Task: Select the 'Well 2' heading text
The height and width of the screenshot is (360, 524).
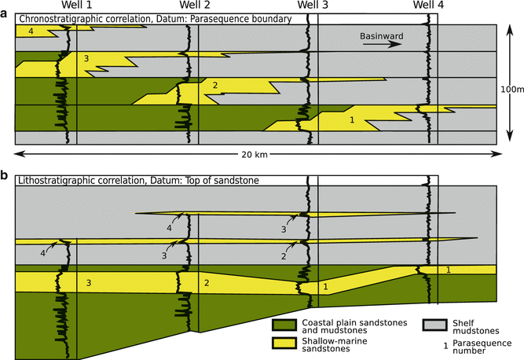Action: click(x=195, y=6)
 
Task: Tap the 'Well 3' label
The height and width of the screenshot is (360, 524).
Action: click(x=314, y=6)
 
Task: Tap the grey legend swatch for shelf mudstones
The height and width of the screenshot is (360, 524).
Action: click(x=434, y=323)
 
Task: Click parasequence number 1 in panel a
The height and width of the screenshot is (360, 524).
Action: click(x=352, y=119)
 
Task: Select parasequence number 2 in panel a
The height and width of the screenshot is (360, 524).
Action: click(x=214, y=85)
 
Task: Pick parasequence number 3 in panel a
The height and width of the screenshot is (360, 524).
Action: click(x=86, y=58)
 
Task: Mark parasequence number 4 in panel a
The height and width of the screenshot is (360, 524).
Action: click(x=30, y=31)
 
